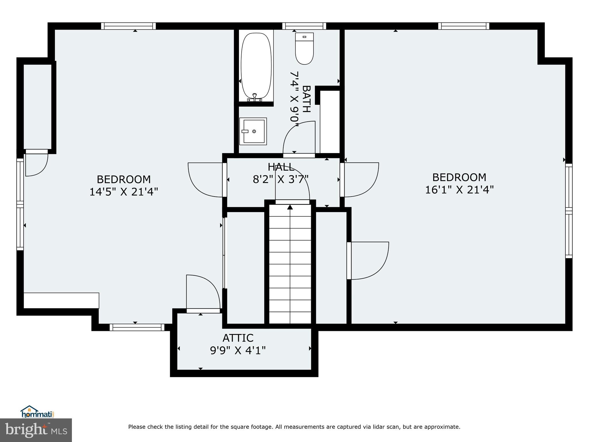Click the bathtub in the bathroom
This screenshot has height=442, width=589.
click(x=256, y=66)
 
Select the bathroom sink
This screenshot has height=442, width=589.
click(x=253, y=131)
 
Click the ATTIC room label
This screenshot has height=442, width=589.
click(x=238, y=338)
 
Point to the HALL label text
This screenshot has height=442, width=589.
click(x=281, y=167)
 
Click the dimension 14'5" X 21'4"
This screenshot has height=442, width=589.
click(x=124, y=192)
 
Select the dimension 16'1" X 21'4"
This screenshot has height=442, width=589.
click(x=459, y=190)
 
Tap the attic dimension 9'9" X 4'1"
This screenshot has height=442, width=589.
click(x=238, y=350)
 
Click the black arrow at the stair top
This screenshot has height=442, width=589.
click(x=290, y=207)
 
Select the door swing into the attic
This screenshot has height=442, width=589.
click(x=203, y=292)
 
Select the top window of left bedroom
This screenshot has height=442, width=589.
click(x=129, y=26)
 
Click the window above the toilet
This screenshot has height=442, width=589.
click(x=304, y=26)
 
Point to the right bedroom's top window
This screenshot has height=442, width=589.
click(x=464, y=26)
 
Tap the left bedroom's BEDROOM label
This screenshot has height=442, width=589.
click(x=124, y=179)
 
